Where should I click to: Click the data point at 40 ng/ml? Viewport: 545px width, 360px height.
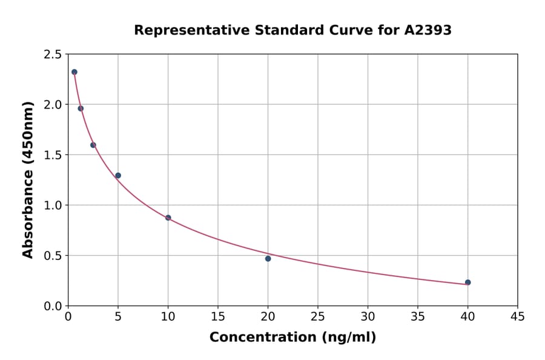467,282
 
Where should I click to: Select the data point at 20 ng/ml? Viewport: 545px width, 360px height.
268,259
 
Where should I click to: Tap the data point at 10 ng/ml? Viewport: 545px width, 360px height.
168,218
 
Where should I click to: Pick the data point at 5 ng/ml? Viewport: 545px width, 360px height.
118,176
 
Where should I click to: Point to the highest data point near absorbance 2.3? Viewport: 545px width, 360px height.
74,72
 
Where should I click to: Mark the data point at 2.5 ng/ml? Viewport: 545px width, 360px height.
93,145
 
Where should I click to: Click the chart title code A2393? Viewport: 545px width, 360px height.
428,30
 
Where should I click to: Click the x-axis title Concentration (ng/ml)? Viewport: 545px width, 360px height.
292,338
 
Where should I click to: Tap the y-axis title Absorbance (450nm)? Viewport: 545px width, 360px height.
28,179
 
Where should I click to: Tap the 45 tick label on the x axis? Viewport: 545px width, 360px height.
518,317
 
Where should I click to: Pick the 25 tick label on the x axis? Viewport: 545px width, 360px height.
318,317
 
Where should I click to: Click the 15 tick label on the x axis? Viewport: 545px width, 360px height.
218,317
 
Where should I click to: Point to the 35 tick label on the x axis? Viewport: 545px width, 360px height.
418,317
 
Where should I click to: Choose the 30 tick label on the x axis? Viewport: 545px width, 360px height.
368,317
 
